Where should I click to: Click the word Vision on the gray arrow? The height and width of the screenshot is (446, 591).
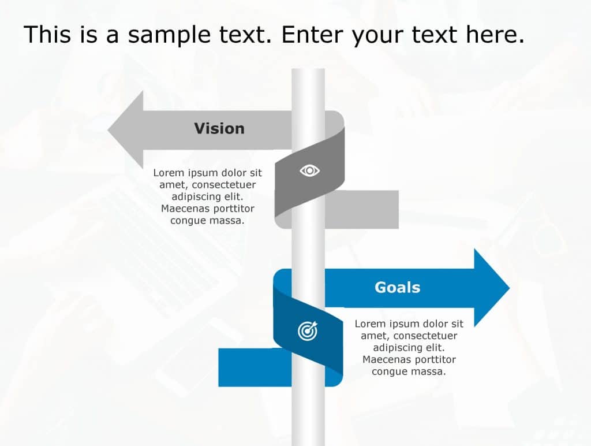219,128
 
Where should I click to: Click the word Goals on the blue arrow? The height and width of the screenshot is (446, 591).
397,287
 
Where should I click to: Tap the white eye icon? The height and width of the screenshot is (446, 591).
310,170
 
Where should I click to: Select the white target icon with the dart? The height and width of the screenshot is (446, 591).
307,331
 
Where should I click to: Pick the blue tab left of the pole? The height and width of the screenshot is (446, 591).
255,367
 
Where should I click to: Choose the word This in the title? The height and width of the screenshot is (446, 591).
44,35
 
